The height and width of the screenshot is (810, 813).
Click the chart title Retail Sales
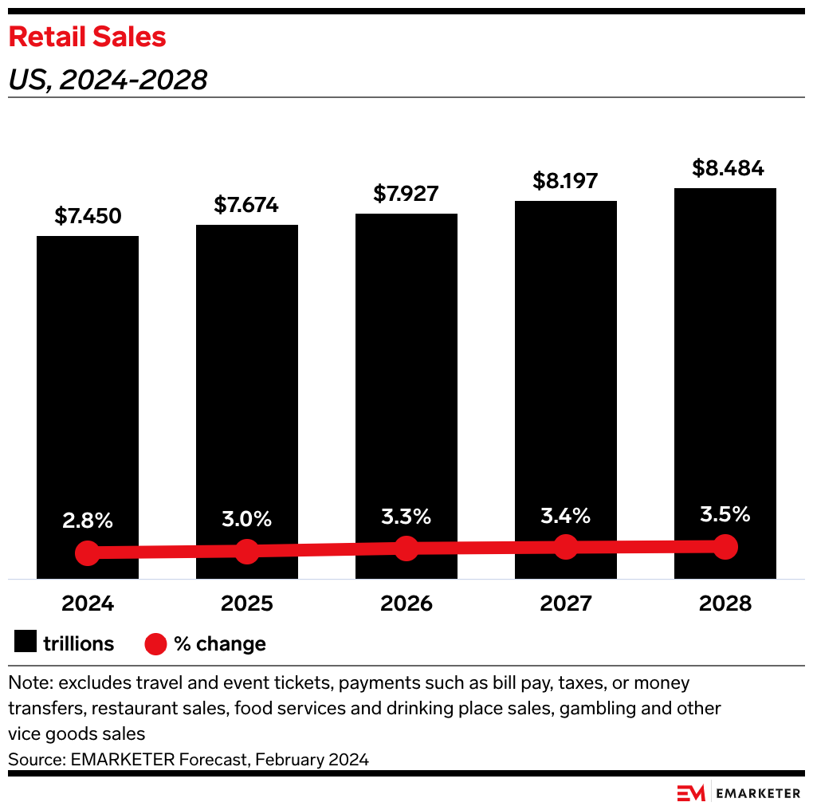coord(87,37)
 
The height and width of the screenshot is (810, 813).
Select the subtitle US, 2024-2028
coord(108,80)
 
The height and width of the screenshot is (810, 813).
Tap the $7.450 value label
coord(88,216)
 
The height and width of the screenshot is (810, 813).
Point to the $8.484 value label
coord(725,168)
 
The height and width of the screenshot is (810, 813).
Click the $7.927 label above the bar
coord(406,194)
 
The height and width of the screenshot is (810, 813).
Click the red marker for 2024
coord(88,552)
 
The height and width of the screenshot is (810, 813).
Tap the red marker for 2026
coord(406,548)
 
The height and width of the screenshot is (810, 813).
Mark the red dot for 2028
coord(725,546)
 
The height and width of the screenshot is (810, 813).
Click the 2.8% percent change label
coord(88,521)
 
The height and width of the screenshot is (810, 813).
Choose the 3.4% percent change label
coord(565,516)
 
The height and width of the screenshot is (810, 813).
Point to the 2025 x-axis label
coord(247,603)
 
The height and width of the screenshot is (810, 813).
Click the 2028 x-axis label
coord(725,603)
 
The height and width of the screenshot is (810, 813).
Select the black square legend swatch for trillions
coord(26,643)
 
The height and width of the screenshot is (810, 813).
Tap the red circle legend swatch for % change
coord(156,643)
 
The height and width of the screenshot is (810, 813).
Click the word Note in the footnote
coord(28,683)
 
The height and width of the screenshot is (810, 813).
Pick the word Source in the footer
coord(33,759)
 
